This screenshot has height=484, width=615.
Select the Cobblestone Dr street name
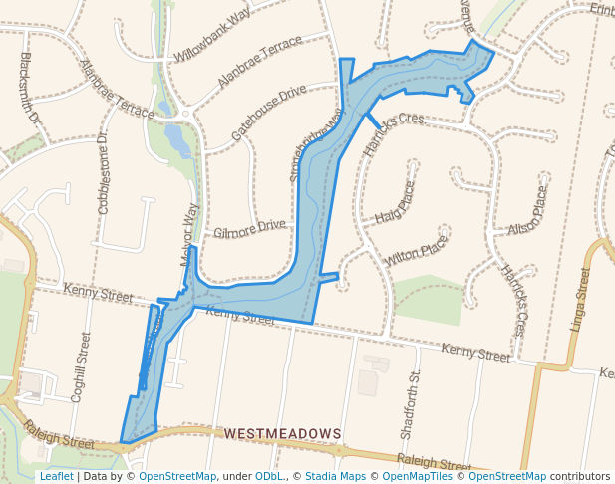tap(103, 172)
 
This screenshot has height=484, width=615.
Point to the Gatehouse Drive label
tap(269, 111)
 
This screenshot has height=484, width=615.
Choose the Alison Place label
tap(528, 210)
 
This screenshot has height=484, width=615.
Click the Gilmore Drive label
tap(249, 230)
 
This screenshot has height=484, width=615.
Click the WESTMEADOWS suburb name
tap(283, 434)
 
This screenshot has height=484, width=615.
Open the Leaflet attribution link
tap(57, 476)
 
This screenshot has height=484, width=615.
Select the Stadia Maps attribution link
tap(334, 476)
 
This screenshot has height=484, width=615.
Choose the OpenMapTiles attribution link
tap(413, 476)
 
